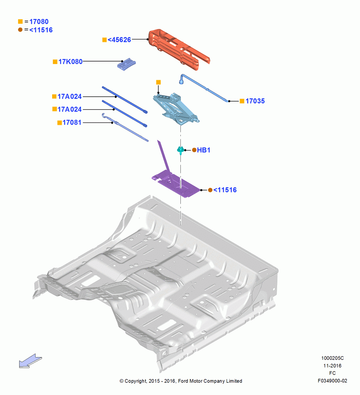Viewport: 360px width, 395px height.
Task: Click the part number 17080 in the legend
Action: (x=39, y=22)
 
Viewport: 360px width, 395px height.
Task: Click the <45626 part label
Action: (x=119, y=40)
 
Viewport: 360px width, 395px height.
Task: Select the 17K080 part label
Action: (x=70, y=62)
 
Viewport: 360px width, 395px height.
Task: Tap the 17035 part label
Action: (x=255, y=101)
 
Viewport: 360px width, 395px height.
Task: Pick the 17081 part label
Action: (x=72, y=122)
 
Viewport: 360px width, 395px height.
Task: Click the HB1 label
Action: (x=203, y=150)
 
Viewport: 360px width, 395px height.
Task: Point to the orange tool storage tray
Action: (x=179, y=49)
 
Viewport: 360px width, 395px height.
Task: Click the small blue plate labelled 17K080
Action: (x=127, y=64)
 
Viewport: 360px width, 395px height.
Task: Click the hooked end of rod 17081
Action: (x=103, y=115)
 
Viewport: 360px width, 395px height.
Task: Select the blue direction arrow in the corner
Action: (x=30, y=361)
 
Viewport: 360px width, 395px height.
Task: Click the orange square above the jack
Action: (x=158, y=83)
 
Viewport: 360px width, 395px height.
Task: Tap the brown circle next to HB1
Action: (x=194, y=150)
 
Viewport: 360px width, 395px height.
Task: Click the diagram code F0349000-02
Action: (x=332, y=381)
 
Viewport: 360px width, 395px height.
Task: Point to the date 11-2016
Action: (x=332, y=365)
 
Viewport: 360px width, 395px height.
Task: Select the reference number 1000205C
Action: (x=332, y=358)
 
